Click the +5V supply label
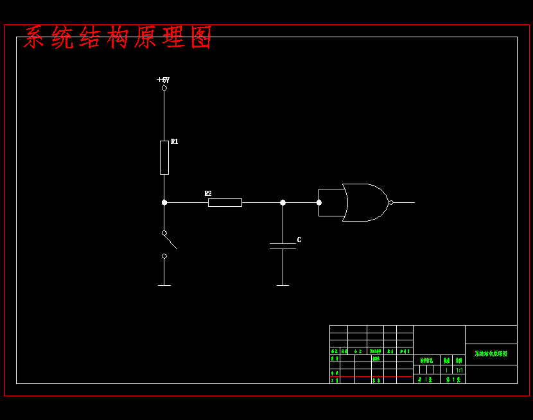point(163,80)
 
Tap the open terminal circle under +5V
point(164,88)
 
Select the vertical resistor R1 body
point(164,157)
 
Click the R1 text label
point(175,141)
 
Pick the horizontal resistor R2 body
point(225,202)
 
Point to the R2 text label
point(208,193)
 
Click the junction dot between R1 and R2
point(164,202)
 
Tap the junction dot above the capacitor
point(283,202)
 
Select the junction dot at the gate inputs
point(319,202)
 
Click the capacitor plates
point(283,246)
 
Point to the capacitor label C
point(299,240)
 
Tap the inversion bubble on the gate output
point(390,202)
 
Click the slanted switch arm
point(170,241)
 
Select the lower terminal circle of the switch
point(164,256)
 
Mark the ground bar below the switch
point(164,285)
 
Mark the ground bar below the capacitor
point(283,285)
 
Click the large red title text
point(118,38)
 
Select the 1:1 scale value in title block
point(459,370)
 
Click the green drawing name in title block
point(491,354)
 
